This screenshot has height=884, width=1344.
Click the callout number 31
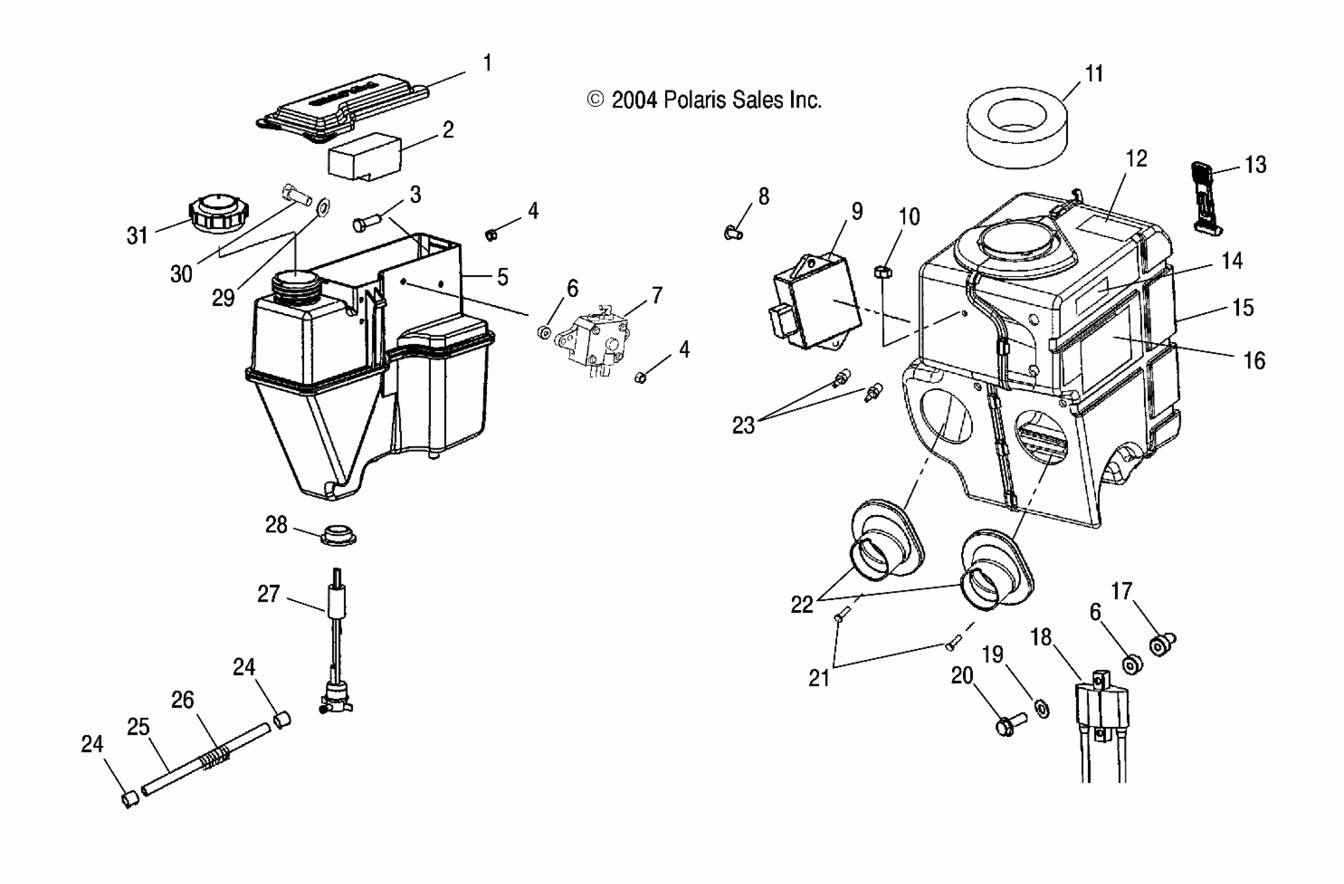click(x=137, y=236)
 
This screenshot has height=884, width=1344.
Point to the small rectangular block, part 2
click(x=365, y=156)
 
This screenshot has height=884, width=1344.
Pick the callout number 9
click(x=857, y=211)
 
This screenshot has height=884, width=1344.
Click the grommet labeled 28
click(x=338, y=534)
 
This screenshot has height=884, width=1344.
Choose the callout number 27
click(x=268, y=594)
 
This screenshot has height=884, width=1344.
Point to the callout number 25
click(x=138, y=727)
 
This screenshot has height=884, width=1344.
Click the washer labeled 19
click(x=1042, y=707)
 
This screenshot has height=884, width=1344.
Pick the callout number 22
click(x=802, y=605)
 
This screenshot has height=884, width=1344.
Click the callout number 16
click(x=1254, y=360)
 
